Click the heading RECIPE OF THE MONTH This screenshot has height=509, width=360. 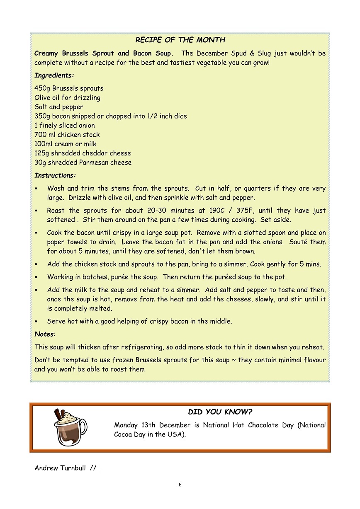180,40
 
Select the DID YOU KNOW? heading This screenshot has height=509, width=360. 220,412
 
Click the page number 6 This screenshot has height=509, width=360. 180,485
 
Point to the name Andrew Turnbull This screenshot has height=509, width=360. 60,468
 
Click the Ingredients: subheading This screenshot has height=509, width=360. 54,75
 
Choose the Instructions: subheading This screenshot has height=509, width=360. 55,175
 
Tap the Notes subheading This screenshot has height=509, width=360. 44,334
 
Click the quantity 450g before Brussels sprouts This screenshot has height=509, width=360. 42,88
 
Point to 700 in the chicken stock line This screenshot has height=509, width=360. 41,135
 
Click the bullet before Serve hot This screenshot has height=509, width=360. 37,322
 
